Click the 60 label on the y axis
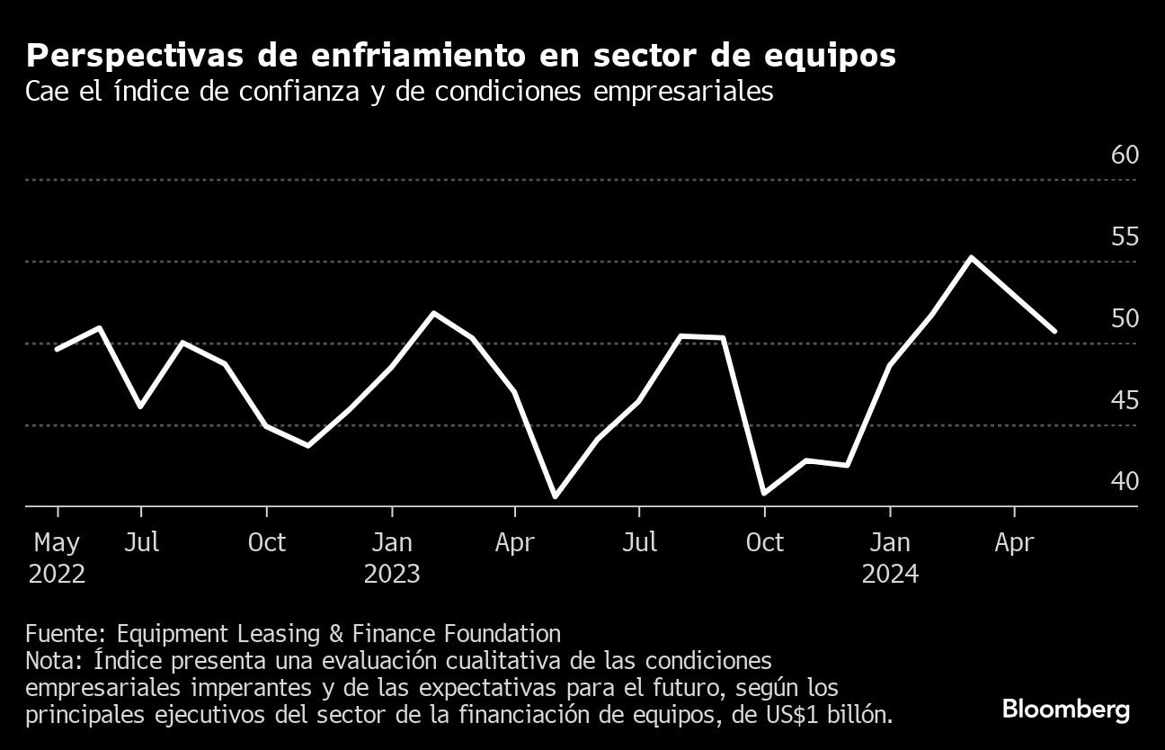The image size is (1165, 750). (1125, 155)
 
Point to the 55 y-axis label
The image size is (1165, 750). (1125, 237)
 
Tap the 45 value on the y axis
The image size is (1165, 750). (1125, 399)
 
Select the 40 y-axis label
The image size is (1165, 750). (1125, 481)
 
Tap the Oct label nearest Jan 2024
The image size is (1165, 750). (765, 542)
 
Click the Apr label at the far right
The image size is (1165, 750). (1015, 542)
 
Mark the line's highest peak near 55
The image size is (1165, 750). (972, 257)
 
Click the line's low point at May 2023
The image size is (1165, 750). (556, 496)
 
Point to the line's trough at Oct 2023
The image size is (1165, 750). (764, 493)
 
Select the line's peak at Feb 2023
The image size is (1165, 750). (434, 313)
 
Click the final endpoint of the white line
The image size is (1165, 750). (1055, 331)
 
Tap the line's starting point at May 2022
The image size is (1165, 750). (58, 349)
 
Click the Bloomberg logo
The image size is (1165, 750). (1065, 709)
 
